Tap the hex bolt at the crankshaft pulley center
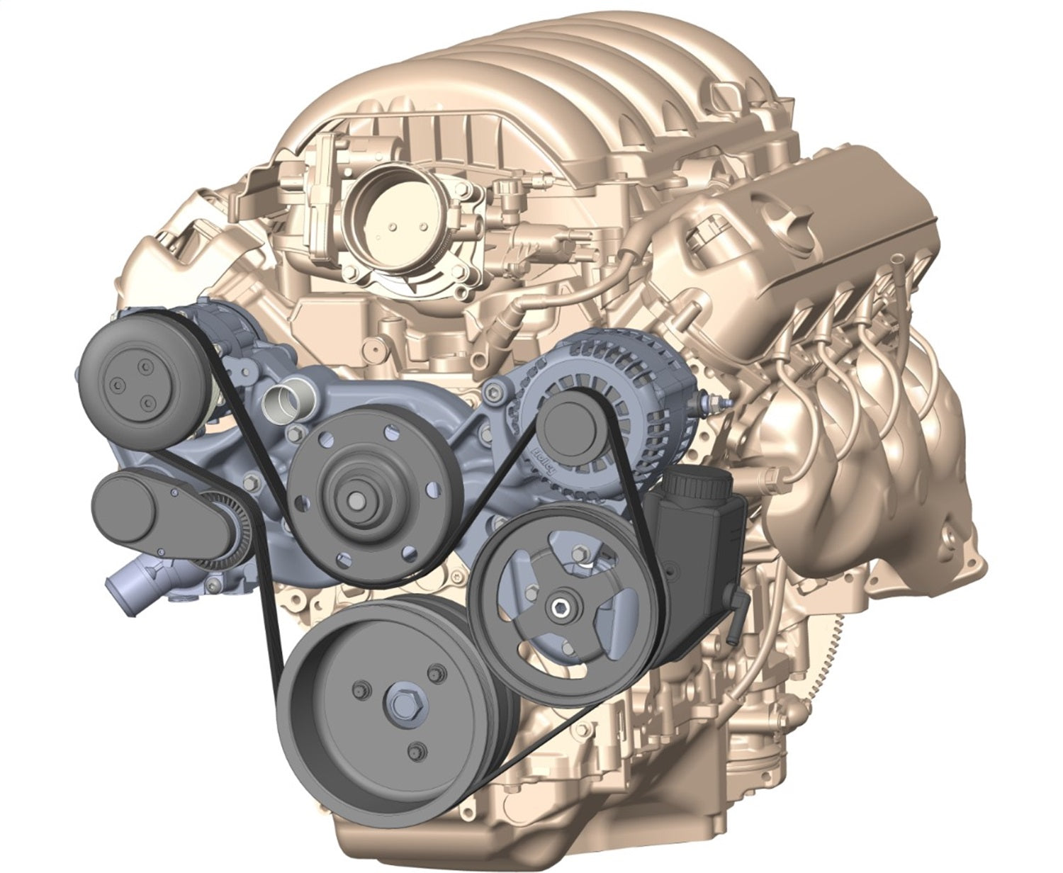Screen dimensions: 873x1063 click(400, 704)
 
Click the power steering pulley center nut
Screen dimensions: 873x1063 click(563, 607)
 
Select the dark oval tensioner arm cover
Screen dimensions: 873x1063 click(128, 507)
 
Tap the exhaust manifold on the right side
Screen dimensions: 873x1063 click(872, 461)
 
